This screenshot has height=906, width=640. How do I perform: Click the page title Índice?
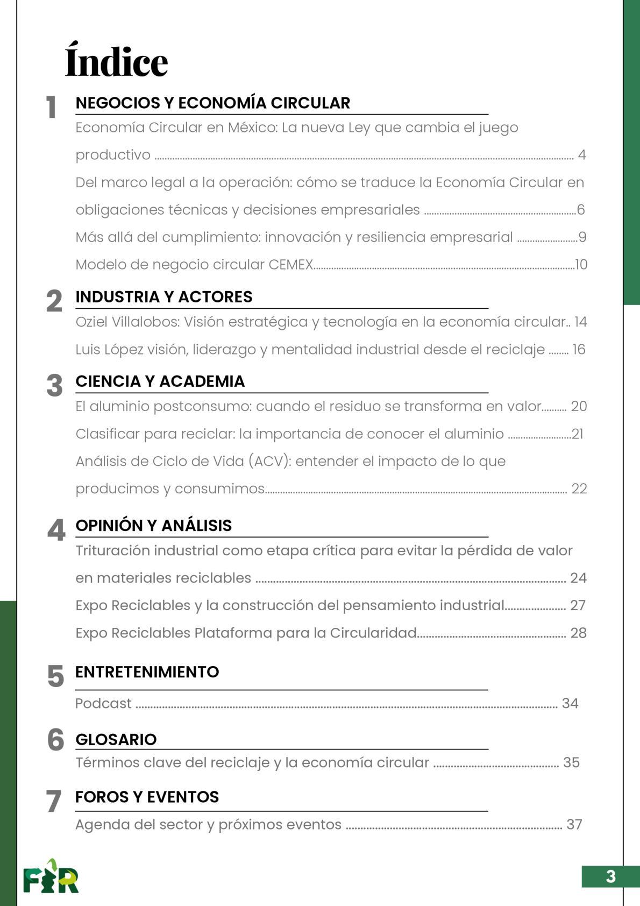116,61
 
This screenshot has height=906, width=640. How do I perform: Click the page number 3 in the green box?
610,876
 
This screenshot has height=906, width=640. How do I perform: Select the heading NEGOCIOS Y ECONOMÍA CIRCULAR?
212,103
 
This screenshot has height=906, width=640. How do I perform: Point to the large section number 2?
54,301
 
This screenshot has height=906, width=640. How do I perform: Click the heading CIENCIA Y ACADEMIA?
160,381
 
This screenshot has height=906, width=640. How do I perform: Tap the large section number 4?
56,530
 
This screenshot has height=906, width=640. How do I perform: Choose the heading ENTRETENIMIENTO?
147,671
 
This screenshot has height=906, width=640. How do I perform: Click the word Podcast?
103,703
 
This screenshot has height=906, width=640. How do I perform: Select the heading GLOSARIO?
116,739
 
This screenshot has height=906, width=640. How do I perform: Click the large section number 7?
53,801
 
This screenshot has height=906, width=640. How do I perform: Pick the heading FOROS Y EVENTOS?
147,797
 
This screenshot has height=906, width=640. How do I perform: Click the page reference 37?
574,824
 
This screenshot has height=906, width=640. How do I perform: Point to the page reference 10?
581,265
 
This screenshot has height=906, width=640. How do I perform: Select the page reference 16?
579,350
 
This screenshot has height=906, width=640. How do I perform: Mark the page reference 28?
578,633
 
